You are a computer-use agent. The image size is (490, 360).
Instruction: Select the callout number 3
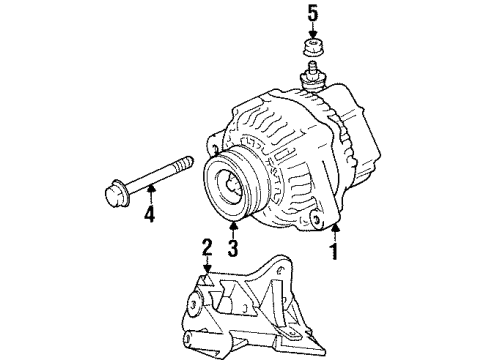tap(233, 248)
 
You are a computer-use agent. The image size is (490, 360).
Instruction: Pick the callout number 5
tap(311, 14)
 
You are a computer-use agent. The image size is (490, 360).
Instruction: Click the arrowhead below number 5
tap(311, 35)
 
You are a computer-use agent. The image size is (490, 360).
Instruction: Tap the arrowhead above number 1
tap(333, 231)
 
